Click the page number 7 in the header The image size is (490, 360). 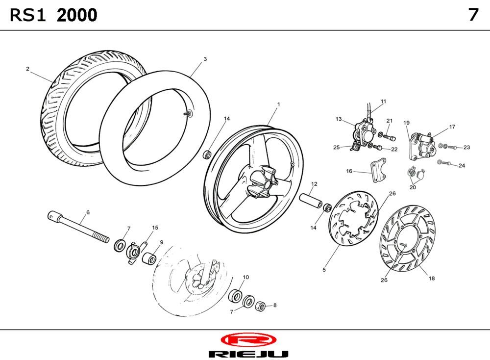coord(473,15)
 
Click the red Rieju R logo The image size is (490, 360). coord(248,340)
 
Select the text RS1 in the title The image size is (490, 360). coord(28,15)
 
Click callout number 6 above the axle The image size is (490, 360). coord(88,212)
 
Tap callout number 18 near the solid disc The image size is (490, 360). coord(432,278)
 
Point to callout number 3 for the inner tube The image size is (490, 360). coord(205,59)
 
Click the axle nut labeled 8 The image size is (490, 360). coord(261,306)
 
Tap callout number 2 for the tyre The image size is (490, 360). coord(27,69)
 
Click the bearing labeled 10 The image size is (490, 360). coord(236,295)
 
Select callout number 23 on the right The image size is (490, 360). coord(466,147)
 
